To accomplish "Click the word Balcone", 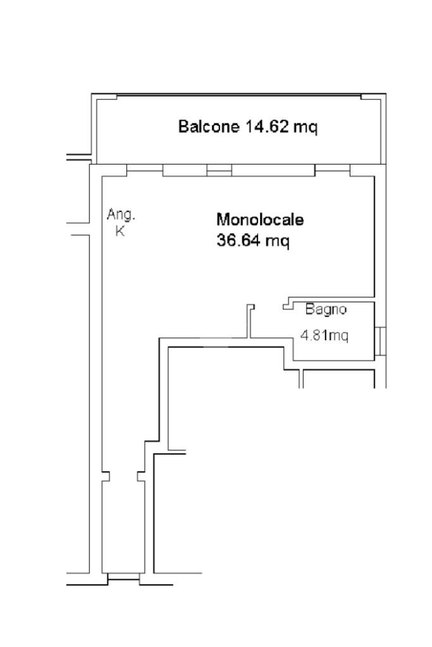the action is click(x=208, y=126).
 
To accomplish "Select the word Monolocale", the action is click(x=260, y=219).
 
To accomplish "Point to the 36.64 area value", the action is click(x=238, y=240).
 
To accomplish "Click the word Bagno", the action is click(x=326, y=309).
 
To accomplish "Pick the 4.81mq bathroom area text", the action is click(x=324, y=335).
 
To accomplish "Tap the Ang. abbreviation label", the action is click(x=121, y=214).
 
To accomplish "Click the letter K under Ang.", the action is click(x=120, y=231).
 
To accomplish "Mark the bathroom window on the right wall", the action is click(x=380, y=341).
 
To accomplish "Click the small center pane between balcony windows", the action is click(x=219, y=170).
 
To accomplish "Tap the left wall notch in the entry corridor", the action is click(x=106, y=476).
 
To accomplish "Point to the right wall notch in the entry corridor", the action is click(x=140, y=476).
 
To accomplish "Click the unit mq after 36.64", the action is click(x=277, y=241).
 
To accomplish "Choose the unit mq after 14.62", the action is click(x=305, y=127).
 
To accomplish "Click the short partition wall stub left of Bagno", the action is click(x=250, y=321).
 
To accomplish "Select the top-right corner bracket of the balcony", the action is click(x=373, y=97).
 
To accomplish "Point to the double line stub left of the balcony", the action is click(x=78, y=157).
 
